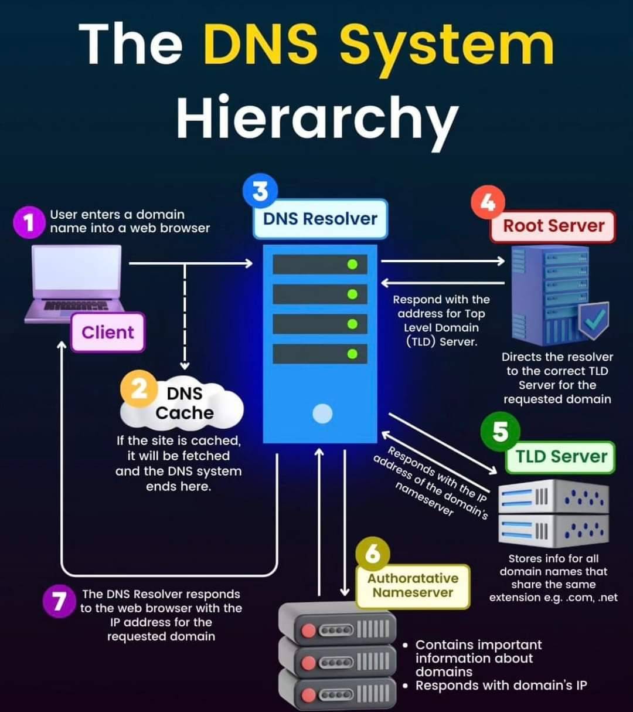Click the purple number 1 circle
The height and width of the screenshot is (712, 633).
[x=29, y=222]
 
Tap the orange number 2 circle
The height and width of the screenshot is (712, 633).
[x=139, y=389]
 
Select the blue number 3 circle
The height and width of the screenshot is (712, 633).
[x=260, y=191]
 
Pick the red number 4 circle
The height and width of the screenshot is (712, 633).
[x=488, y=202]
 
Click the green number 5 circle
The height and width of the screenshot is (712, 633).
[x=500, y=432]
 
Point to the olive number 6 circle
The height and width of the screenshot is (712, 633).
[x=372, y=554]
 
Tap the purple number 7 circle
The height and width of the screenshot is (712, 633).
[x=59, y=601]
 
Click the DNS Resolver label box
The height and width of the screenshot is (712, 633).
[x=321, y=219]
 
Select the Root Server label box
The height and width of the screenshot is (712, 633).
[x=553, y=226]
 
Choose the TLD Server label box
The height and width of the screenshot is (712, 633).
[x=561, y=457]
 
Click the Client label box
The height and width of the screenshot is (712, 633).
[x=108, y=332]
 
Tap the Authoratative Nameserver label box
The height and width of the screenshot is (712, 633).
[x=413, y=586]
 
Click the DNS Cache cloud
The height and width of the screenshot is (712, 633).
[x=182, y=405]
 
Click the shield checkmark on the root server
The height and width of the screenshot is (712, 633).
[x=594, y=320]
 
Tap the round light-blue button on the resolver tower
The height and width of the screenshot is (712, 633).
[x=322, y=413]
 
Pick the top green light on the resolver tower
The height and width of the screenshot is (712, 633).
[x=352, y=265]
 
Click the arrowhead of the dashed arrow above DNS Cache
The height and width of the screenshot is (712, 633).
[x=185, y=366]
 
